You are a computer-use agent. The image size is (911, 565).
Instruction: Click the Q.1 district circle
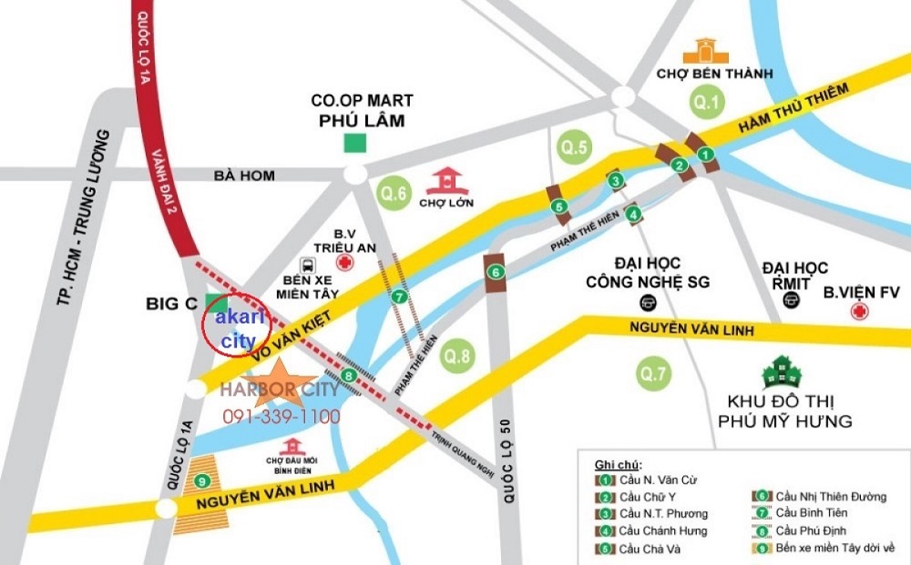click(706, 102)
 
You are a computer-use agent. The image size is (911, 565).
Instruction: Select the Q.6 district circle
click(394, 193)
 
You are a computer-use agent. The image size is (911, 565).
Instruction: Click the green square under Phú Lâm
click(354, 144)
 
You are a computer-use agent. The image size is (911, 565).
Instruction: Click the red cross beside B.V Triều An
click(346, 263)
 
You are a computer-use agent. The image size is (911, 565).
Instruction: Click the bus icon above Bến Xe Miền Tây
click(309, 267)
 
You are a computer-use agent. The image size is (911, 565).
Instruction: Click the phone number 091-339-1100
click(282, 417)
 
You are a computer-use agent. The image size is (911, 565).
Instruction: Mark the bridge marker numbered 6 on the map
click(496, 271)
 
